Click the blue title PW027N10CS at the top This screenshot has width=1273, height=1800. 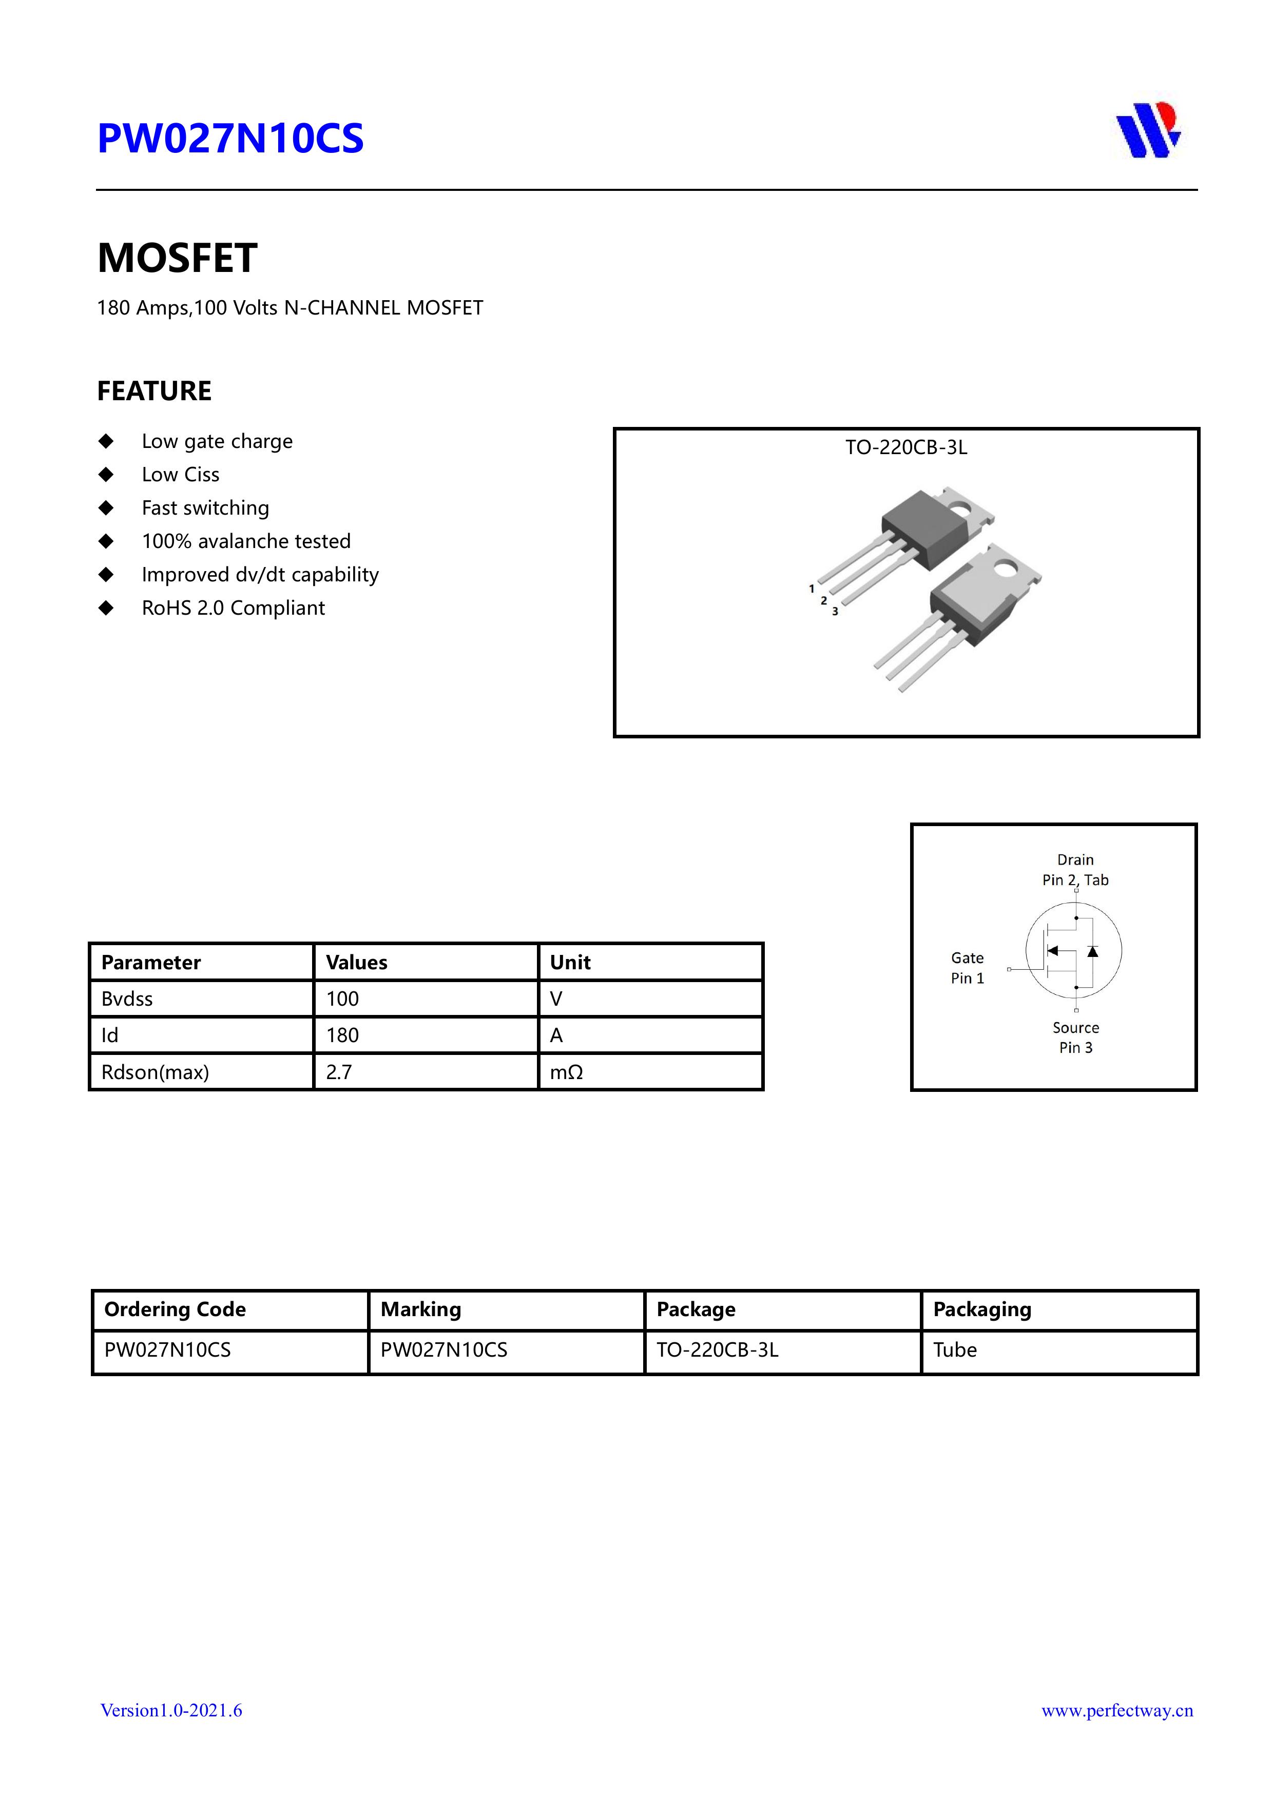[x=230, y=139]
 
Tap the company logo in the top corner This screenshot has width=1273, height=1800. [x=1148, y=130]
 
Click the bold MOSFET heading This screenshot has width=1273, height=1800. [x=177, y=258]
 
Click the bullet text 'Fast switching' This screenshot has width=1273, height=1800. [x=205, y=508]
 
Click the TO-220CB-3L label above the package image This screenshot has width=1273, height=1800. [x=906, y=447]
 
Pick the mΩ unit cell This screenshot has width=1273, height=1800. [x=566, y=1072]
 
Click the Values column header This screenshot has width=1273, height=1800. [x=356, y=962]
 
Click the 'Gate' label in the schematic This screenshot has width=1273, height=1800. [x=967, y=958]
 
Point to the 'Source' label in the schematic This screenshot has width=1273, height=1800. [x=1075, y=1027]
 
